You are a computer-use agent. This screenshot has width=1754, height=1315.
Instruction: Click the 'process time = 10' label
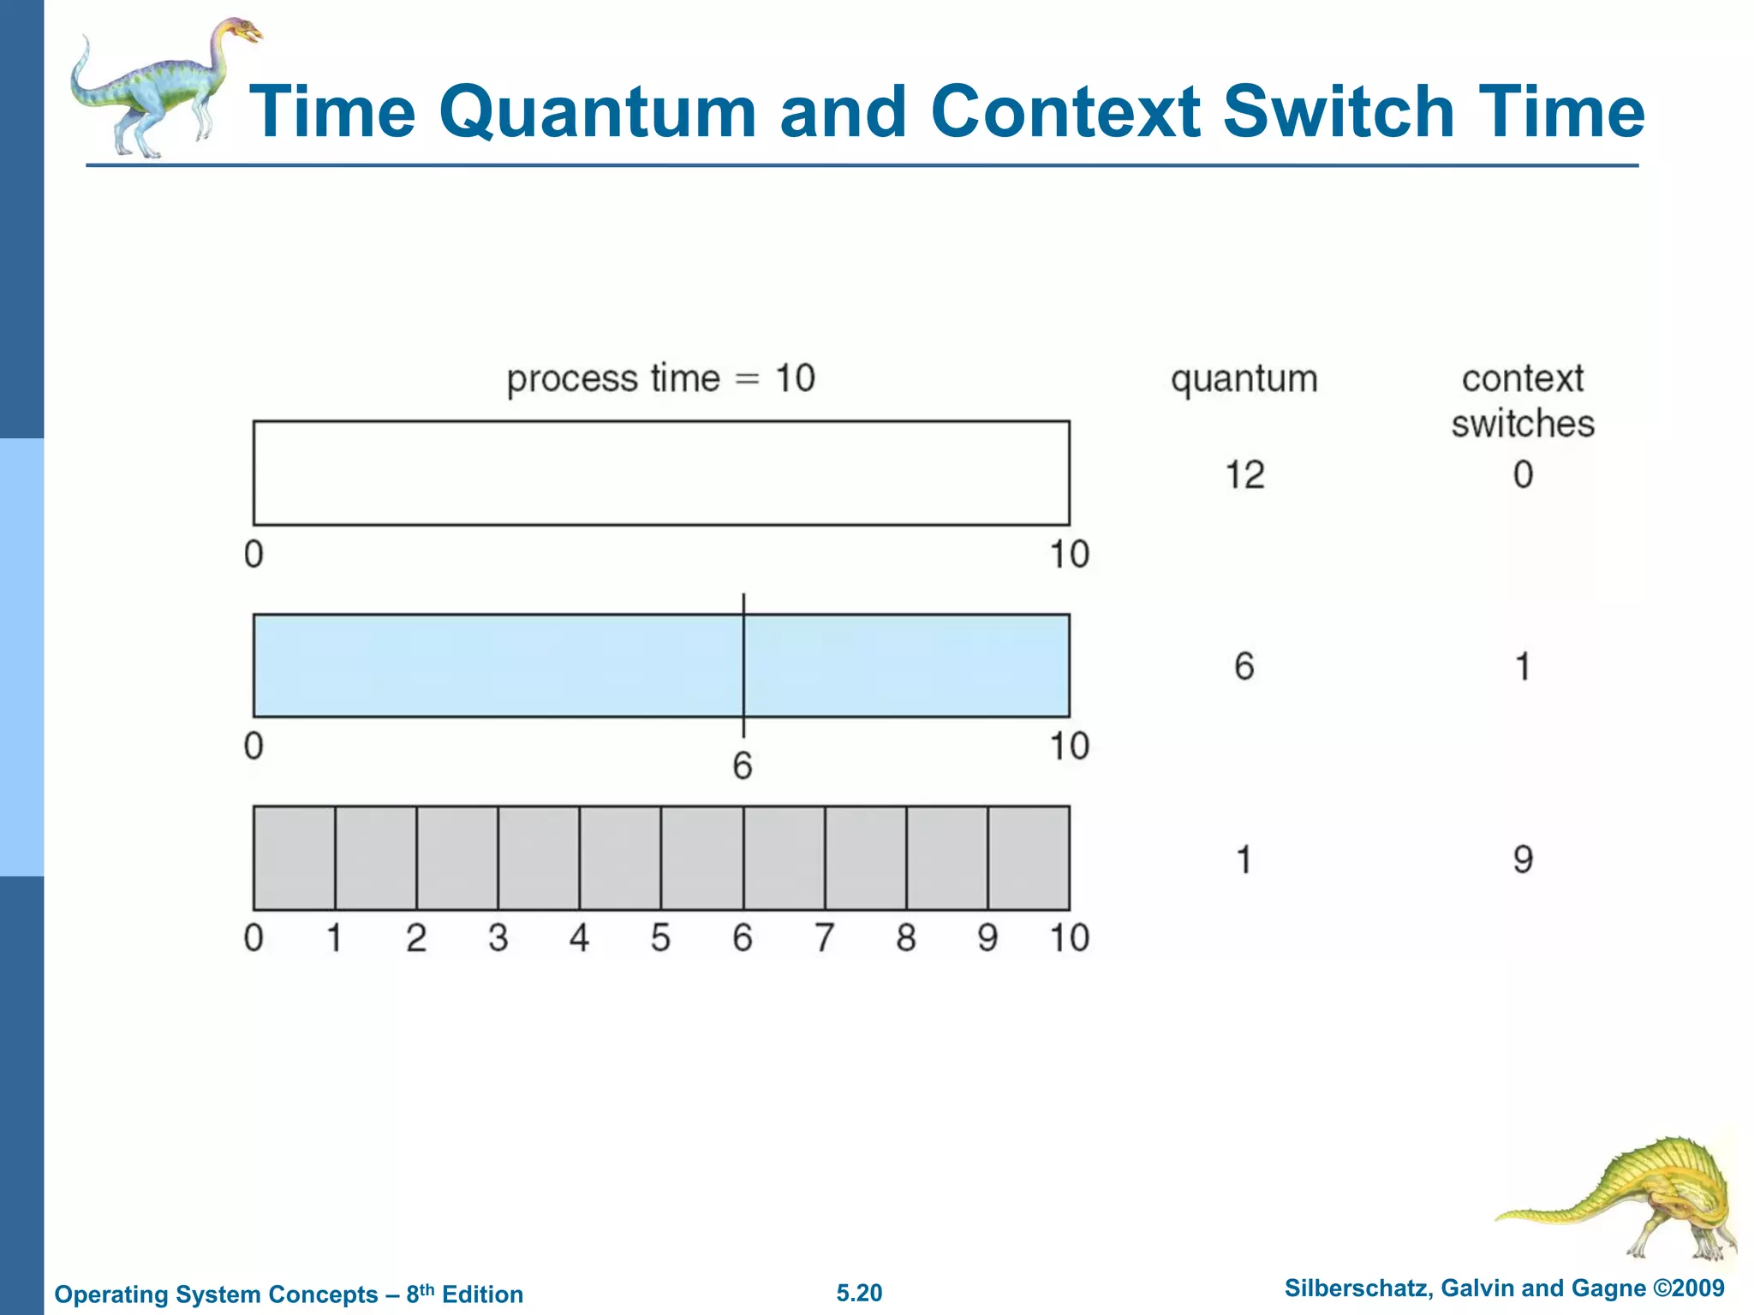(660, 378)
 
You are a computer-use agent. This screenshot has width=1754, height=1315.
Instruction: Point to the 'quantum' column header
(1244, 378)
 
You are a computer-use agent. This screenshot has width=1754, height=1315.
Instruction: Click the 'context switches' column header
(1522, 401)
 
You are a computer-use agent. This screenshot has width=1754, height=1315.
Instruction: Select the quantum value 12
(1244, 475)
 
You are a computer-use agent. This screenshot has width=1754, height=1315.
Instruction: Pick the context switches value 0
(1522, 475)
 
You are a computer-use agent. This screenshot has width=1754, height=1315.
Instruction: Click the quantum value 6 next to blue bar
(1244, 666)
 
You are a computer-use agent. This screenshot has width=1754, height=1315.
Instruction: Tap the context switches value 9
(1522, 859)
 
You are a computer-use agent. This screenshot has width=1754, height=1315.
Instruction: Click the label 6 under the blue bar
(742, 765)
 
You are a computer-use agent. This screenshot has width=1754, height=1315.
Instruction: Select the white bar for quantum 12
(660, 473)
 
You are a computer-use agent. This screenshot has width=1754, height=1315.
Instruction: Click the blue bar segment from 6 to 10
(906, 665)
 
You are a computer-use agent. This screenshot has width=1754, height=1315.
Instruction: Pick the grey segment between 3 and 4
(538, 858)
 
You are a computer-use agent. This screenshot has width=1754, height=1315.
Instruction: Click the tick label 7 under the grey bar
(824, 938)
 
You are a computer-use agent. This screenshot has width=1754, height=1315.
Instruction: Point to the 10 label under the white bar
(1069, 555)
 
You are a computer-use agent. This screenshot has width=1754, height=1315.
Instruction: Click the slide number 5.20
(859, 1293)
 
